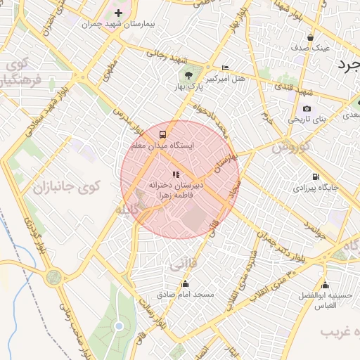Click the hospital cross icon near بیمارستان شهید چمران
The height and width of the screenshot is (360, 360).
pos(118,13)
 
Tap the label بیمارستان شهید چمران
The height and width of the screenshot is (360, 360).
pos(117,24)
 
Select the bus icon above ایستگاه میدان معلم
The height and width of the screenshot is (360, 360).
pos(163,134)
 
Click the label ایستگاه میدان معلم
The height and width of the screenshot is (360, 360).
pos(162,145)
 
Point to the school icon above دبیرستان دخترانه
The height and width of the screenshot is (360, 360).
pos(176,174)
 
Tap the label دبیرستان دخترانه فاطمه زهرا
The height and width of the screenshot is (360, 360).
pos(176,189)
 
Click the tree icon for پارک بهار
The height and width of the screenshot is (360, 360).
pos(188,75)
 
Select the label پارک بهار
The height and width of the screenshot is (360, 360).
pos(188,86)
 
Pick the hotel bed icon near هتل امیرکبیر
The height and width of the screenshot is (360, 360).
pos(225,67)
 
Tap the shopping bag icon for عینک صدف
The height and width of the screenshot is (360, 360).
pos(310,37)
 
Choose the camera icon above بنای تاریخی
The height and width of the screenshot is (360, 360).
pos(307,109)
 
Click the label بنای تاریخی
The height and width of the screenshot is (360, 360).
pos(307,120)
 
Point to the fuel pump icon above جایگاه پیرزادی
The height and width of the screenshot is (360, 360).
pos(314,176)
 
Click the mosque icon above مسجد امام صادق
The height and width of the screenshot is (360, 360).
pos(186,284)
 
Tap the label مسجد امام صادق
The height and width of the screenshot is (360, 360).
pos(186,295)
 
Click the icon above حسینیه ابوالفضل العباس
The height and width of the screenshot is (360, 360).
pos(325,285)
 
